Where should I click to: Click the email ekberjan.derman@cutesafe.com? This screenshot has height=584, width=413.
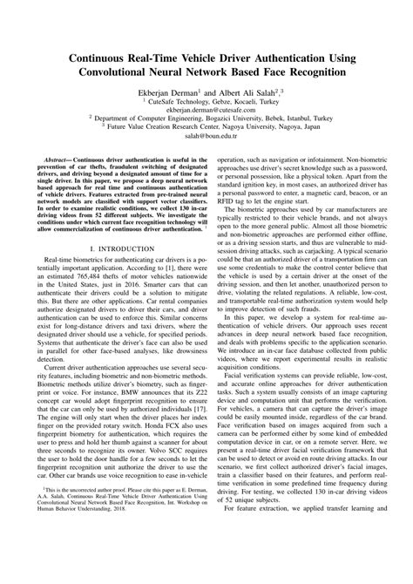point(206,112)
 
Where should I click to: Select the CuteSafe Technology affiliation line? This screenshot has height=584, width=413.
point(206,102)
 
